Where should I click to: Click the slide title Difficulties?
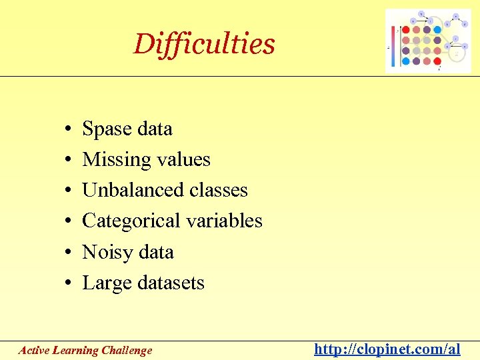coord(204,44)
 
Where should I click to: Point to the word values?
coord(183,160)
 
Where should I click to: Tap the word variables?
coord(226,221)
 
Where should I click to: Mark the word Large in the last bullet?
coord(107,283)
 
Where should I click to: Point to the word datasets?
coord(171,283)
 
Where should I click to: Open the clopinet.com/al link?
coord(387,349)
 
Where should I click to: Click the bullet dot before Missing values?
coord(69,161)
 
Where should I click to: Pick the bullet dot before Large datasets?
coord(69,284)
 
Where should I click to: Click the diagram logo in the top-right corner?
coord(427,41)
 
